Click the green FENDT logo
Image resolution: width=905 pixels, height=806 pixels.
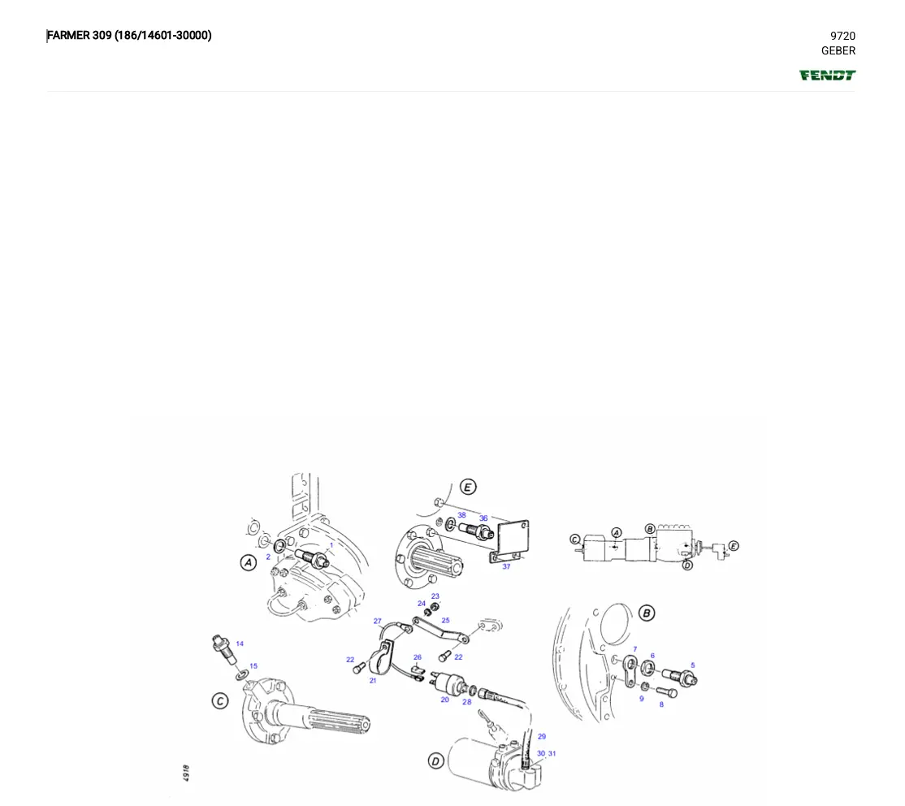(x=827, y=76)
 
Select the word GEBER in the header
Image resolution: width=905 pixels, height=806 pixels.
(x=838, y=50)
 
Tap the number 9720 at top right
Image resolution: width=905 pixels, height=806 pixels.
(x=842, y=36)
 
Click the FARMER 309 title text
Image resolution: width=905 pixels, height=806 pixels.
(x=129, y=35)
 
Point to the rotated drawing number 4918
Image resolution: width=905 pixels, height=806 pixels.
(x=186, y=772)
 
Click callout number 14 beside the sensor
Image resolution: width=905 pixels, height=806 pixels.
(x=240, y=643)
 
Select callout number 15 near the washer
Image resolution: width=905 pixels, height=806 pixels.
(x=253, y=666)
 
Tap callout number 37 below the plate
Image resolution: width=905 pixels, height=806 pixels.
(x=506, y=566)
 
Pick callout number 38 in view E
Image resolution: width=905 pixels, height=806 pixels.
(x=461, y=515)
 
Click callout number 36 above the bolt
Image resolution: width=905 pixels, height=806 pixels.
(x=483, y=518)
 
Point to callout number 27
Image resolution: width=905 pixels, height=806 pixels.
(x=378, y=622)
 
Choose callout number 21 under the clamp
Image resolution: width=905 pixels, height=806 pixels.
(x=373, y=680)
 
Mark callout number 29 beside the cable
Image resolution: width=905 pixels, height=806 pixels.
(x=542, y=737)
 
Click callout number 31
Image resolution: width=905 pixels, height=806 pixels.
(x=552, y=753)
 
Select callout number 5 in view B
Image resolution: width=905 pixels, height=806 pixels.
(x=693, y=665)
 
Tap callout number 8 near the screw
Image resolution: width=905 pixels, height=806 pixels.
(x=661, y=704)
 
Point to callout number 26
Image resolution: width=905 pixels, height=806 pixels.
(x=418, y=657)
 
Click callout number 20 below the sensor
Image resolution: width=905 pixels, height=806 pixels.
(x=444, y=700)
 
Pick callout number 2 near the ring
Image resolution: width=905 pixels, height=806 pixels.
(x=268, y=557)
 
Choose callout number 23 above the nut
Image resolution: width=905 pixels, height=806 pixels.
(x=435, y=596)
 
